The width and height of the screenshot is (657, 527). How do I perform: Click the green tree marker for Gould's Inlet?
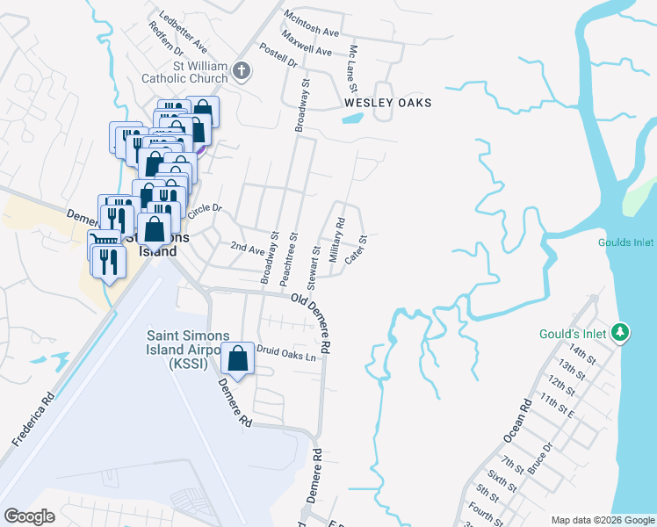(x=621, y=332)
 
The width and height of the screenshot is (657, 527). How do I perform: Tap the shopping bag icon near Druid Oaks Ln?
(x=238, y=358)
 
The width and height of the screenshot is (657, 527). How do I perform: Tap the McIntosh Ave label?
(x=311, y=24)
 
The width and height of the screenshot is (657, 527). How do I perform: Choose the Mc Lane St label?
(x=353, y=70)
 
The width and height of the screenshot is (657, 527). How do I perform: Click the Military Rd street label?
(x=336, y=240)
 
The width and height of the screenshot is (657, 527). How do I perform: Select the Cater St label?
(x=354, y=249)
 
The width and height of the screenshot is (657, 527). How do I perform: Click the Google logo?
(x=30, y=516)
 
